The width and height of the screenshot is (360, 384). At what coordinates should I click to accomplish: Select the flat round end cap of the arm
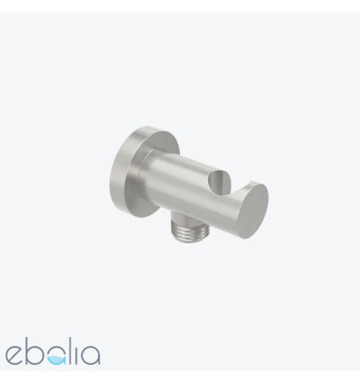pyautogui.click(x=253, y=211)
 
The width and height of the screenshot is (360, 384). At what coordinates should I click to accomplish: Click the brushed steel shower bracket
pyautogui.click(x=189, y=183)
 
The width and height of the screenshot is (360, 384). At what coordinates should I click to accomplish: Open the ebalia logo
pyautogui.click(x=52, y=351)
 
